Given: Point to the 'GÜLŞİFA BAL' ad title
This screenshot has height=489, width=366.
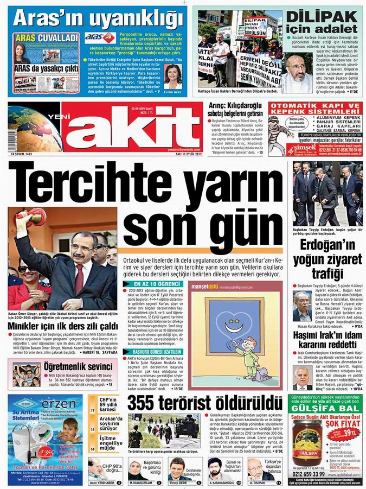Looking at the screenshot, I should click(x=326, y=408).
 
